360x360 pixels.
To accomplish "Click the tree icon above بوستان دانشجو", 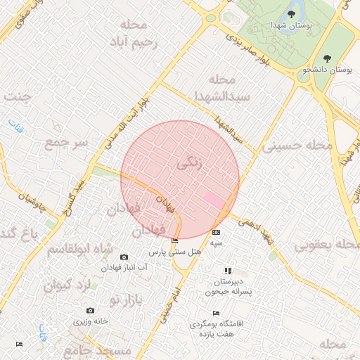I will tap(326, 58).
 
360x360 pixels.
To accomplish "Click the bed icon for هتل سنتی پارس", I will tap(174, 241).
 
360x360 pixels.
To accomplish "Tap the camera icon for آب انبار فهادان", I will tap(124, 257).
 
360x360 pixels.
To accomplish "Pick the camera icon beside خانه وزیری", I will tap(90, 310).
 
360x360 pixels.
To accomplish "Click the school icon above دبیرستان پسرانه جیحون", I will tap(227, 271).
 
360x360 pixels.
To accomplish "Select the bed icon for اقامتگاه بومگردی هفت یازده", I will tap(216, 314).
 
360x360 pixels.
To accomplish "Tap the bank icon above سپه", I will tap(216, 232).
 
